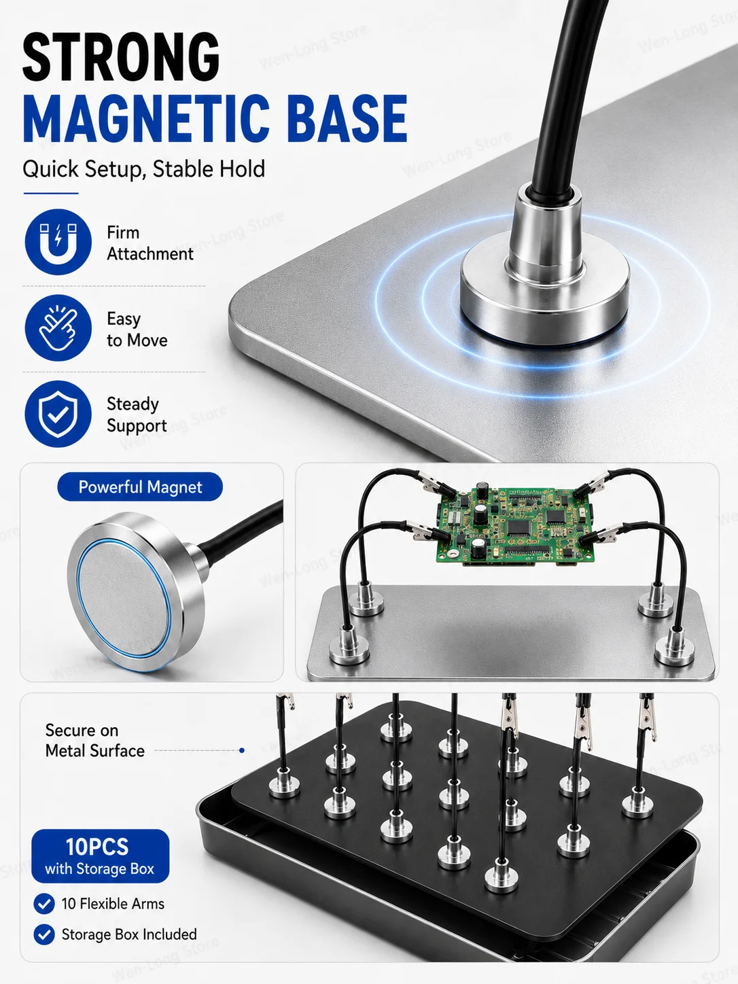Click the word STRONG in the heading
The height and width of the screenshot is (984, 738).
pos(121,57)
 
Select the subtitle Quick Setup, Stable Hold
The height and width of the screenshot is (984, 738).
pos(144,169)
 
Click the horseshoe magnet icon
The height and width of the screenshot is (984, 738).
pos(58,242)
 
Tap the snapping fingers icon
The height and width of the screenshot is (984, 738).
pos(58,328)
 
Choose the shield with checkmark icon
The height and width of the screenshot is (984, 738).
pos(58,414)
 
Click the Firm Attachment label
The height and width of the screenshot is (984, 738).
pos(150,243)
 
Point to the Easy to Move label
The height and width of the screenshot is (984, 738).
pos(137,330)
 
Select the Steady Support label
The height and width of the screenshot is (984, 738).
pos(137,415)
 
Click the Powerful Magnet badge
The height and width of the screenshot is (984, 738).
pos(140,487)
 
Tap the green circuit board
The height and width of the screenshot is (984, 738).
pos(515,525)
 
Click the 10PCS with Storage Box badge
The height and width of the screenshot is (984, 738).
pos(101,856)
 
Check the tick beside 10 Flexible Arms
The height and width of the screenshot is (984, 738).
pos(44,904)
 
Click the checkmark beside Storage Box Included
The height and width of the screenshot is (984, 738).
pos(44,934)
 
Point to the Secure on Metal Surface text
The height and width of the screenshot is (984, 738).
pos(95,740)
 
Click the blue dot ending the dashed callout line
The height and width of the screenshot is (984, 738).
pos(242,750)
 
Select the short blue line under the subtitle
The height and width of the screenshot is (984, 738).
pos(51,193)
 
